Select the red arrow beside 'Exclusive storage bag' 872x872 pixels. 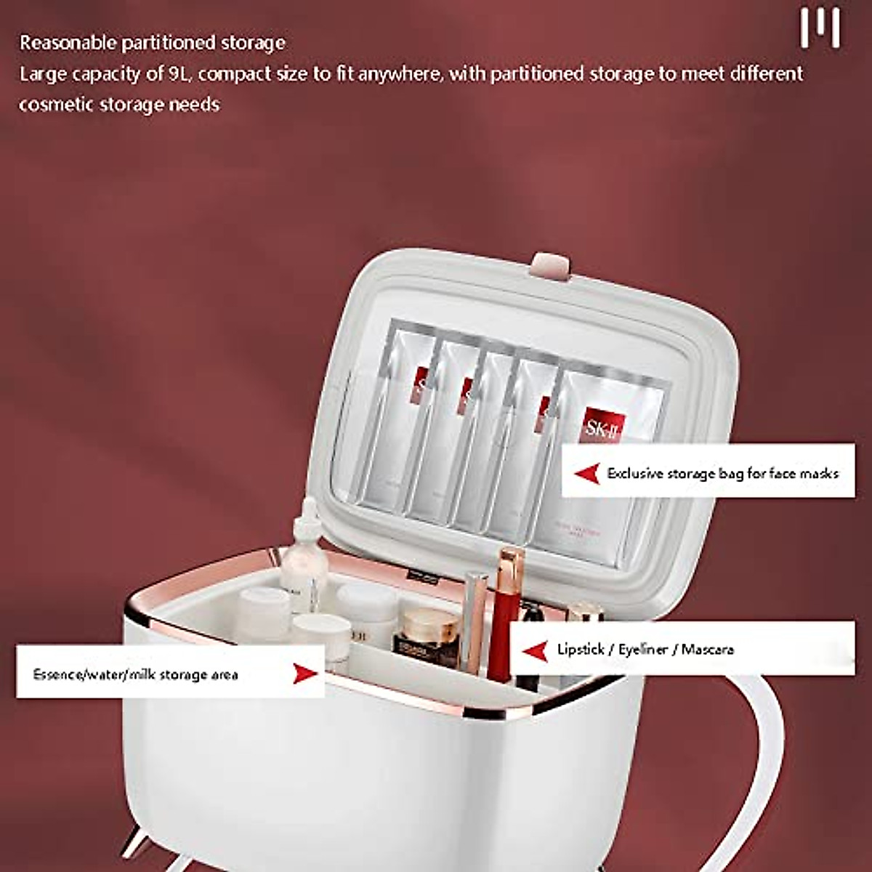pyautogui.click(x=586, y=474)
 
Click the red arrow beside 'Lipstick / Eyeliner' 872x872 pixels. pyautogui.click(x=536, y=650)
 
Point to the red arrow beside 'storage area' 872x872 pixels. pyautogui.click(x=304, y=674)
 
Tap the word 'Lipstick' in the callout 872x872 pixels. pyautogui.click(x=581, y=649)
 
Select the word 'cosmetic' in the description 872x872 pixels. pyautogui.click(x=50, y=105)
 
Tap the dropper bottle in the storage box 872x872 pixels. pyautogui.click(x=304, y=560)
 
